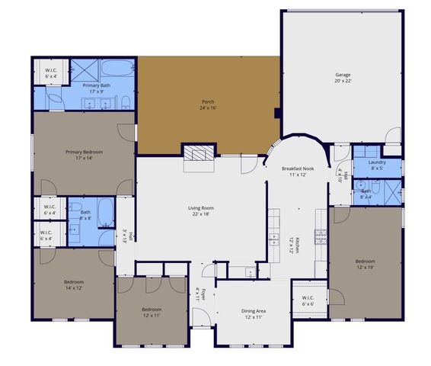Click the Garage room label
point(343,78)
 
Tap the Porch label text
point(208,104)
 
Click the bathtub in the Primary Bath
point(115,72)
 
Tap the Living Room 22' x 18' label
point(201,210)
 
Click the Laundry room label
point(376,164)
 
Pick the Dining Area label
point(254,313)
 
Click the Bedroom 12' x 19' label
point(366,264)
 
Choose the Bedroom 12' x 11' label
point(152,312)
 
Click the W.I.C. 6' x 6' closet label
point(308,300)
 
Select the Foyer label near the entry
point(198,294)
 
